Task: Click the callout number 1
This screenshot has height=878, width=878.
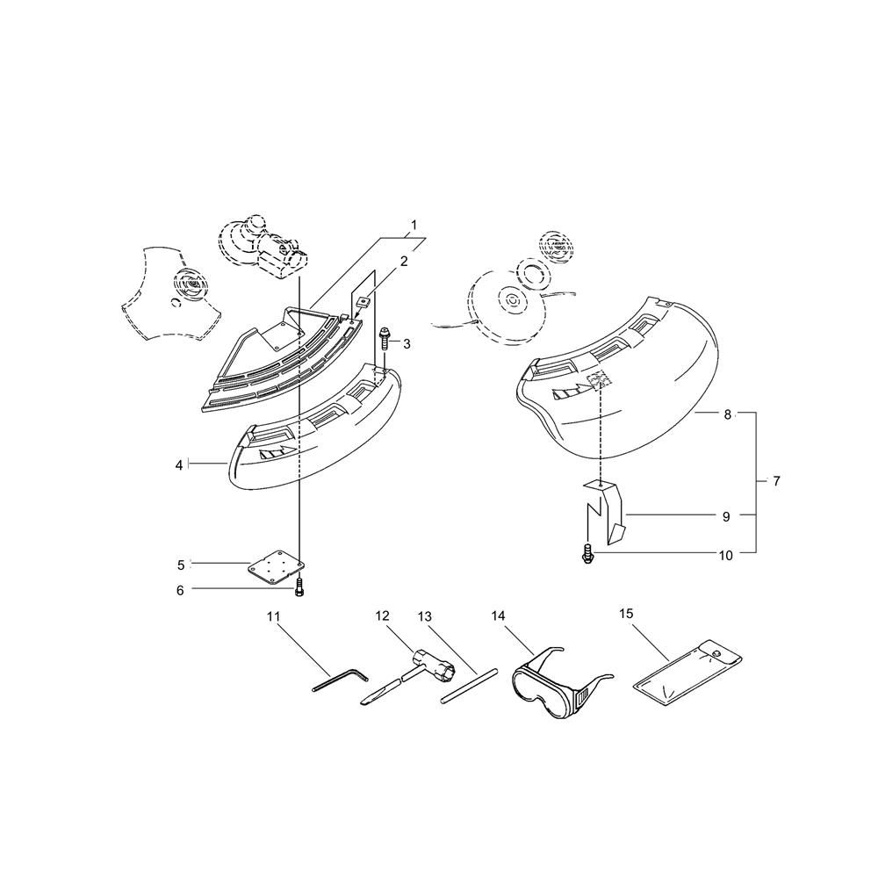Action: tap(414, 225)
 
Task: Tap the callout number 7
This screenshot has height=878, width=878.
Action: tap(776, 480)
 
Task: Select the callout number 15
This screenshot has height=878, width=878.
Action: tap(626, 613)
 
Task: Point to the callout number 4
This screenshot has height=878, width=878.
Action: tap(179, 464)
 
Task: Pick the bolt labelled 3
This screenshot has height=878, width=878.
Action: tap(385, 338)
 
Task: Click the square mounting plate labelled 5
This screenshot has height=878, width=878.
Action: tap(276, 567)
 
